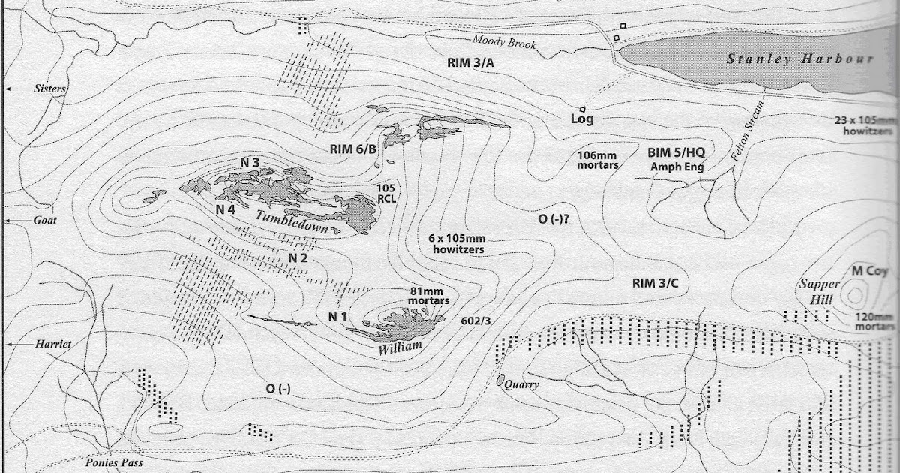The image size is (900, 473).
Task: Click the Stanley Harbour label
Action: pos(799,59)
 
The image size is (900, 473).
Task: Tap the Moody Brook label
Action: pos(504,44)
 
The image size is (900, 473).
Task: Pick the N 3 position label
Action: pos(250,162)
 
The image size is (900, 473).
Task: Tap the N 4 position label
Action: pos(226,209)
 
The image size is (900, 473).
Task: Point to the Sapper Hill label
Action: pos(817,291)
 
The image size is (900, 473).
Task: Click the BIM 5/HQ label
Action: pos(676,152)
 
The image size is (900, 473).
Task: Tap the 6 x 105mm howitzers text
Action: pos(456,243)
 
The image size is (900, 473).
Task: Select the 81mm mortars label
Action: pos(427,296)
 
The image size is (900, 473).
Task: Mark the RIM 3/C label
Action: pos(655,283)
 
